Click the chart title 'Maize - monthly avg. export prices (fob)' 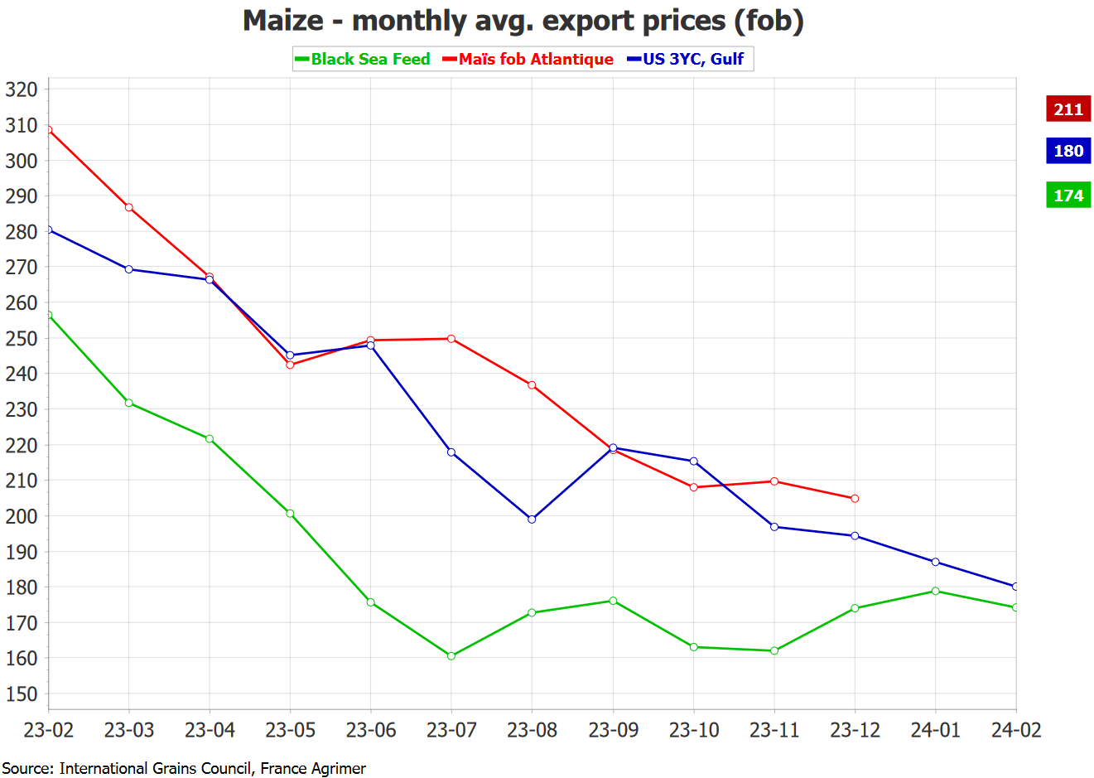[523, 20]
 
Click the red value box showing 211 [1067, 109]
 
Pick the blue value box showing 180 [1067, 151]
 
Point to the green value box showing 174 [1067, 196]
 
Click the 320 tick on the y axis [22, 89]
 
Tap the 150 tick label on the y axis [22, 694]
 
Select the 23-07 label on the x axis [451, 730]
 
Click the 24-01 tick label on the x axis [935, 730]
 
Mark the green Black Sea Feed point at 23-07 [451, 656]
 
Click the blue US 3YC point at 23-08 [532, 519]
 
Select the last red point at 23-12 [855, 499]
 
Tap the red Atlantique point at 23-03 [129, 207]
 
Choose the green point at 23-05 [290, 514]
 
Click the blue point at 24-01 [935, 562]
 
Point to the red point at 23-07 [451, 339]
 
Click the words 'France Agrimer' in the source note [312, 768]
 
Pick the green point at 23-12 [855, 608]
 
